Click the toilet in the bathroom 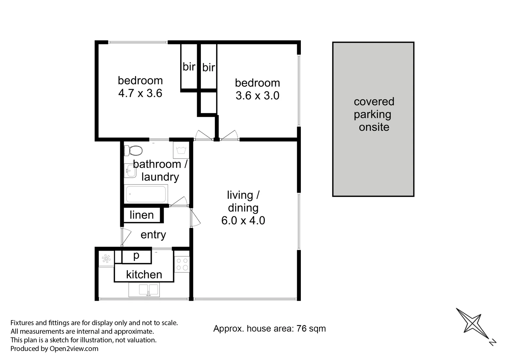133,150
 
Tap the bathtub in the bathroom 146,194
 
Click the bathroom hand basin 130,171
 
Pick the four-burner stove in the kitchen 182,264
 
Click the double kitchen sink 144,289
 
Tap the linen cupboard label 142,215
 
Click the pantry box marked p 136,256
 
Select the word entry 153,235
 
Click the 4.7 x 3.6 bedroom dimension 140,93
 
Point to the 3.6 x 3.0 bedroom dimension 257,96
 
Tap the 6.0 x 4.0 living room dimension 243,220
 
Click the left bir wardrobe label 189,67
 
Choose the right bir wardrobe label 208,67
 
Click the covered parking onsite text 374,114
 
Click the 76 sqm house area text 270,329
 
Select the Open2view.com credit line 54,349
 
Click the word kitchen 144,274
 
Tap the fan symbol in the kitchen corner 106,259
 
